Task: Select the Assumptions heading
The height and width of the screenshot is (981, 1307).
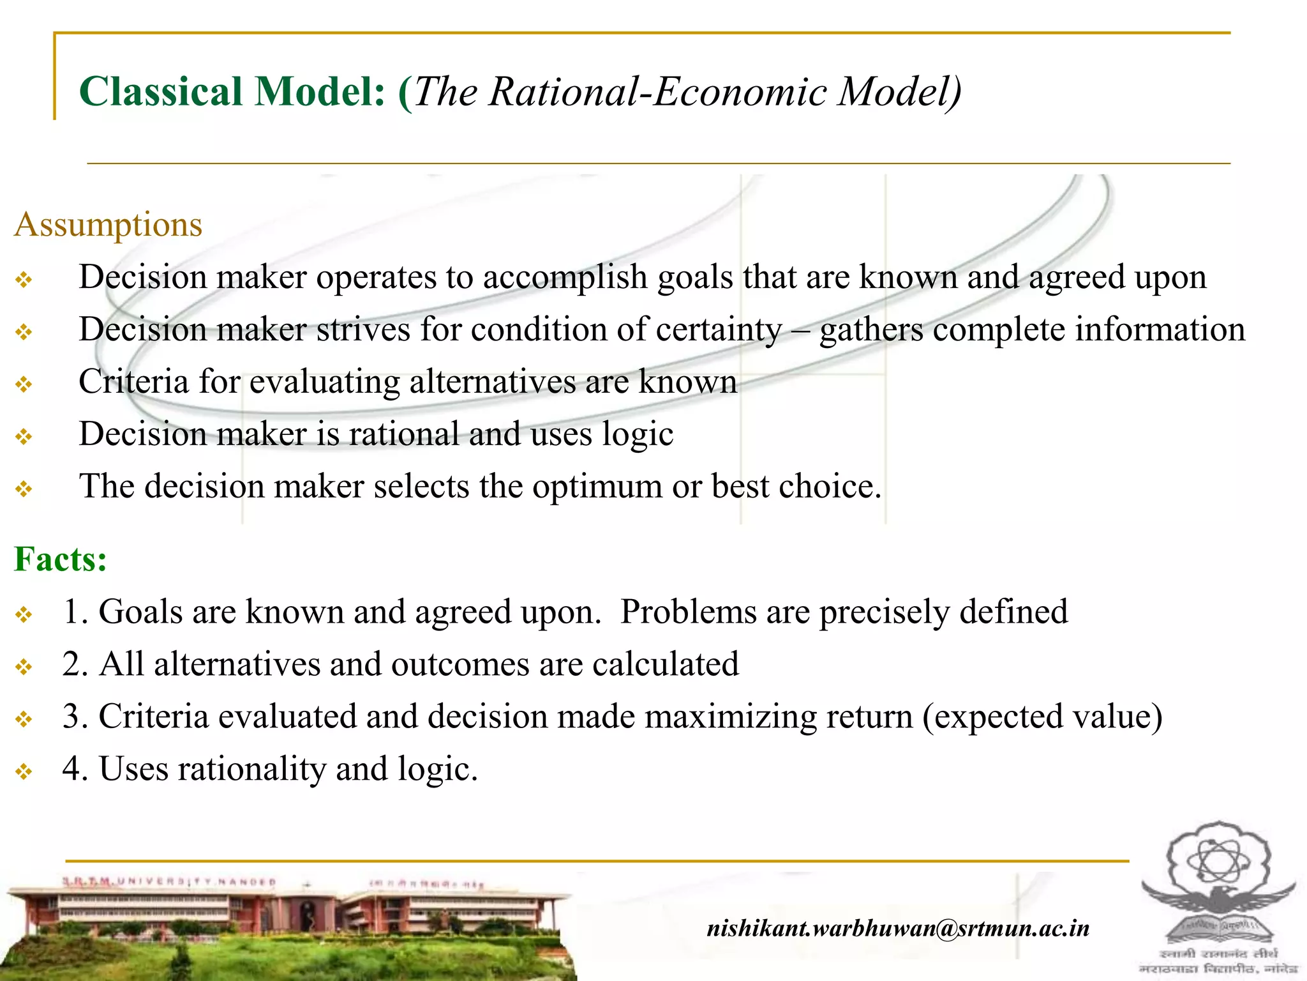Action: pos(108,225)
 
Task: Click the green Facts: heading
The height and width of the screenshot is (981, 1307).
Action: pos(61,559)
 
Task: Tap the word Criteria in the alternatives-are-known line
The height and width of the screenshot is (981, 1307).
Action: pos(133,382)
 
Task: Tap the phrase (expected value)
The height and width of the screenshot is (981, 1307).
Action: pos(1042,717)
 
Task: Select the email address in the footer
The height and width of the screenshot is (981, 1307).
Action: pos(898,928)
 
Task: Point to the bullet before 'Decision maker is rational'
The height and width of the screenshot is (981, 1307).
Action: pos(24,437)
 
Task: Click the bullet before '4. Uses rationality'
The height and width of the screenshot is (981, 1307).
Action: pos(24,772)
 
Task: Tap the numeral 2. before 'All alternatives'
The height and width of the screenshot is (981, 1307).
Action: pos(75,664)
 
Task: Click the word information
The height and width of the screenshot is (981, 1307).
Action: pos(1160,330)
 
